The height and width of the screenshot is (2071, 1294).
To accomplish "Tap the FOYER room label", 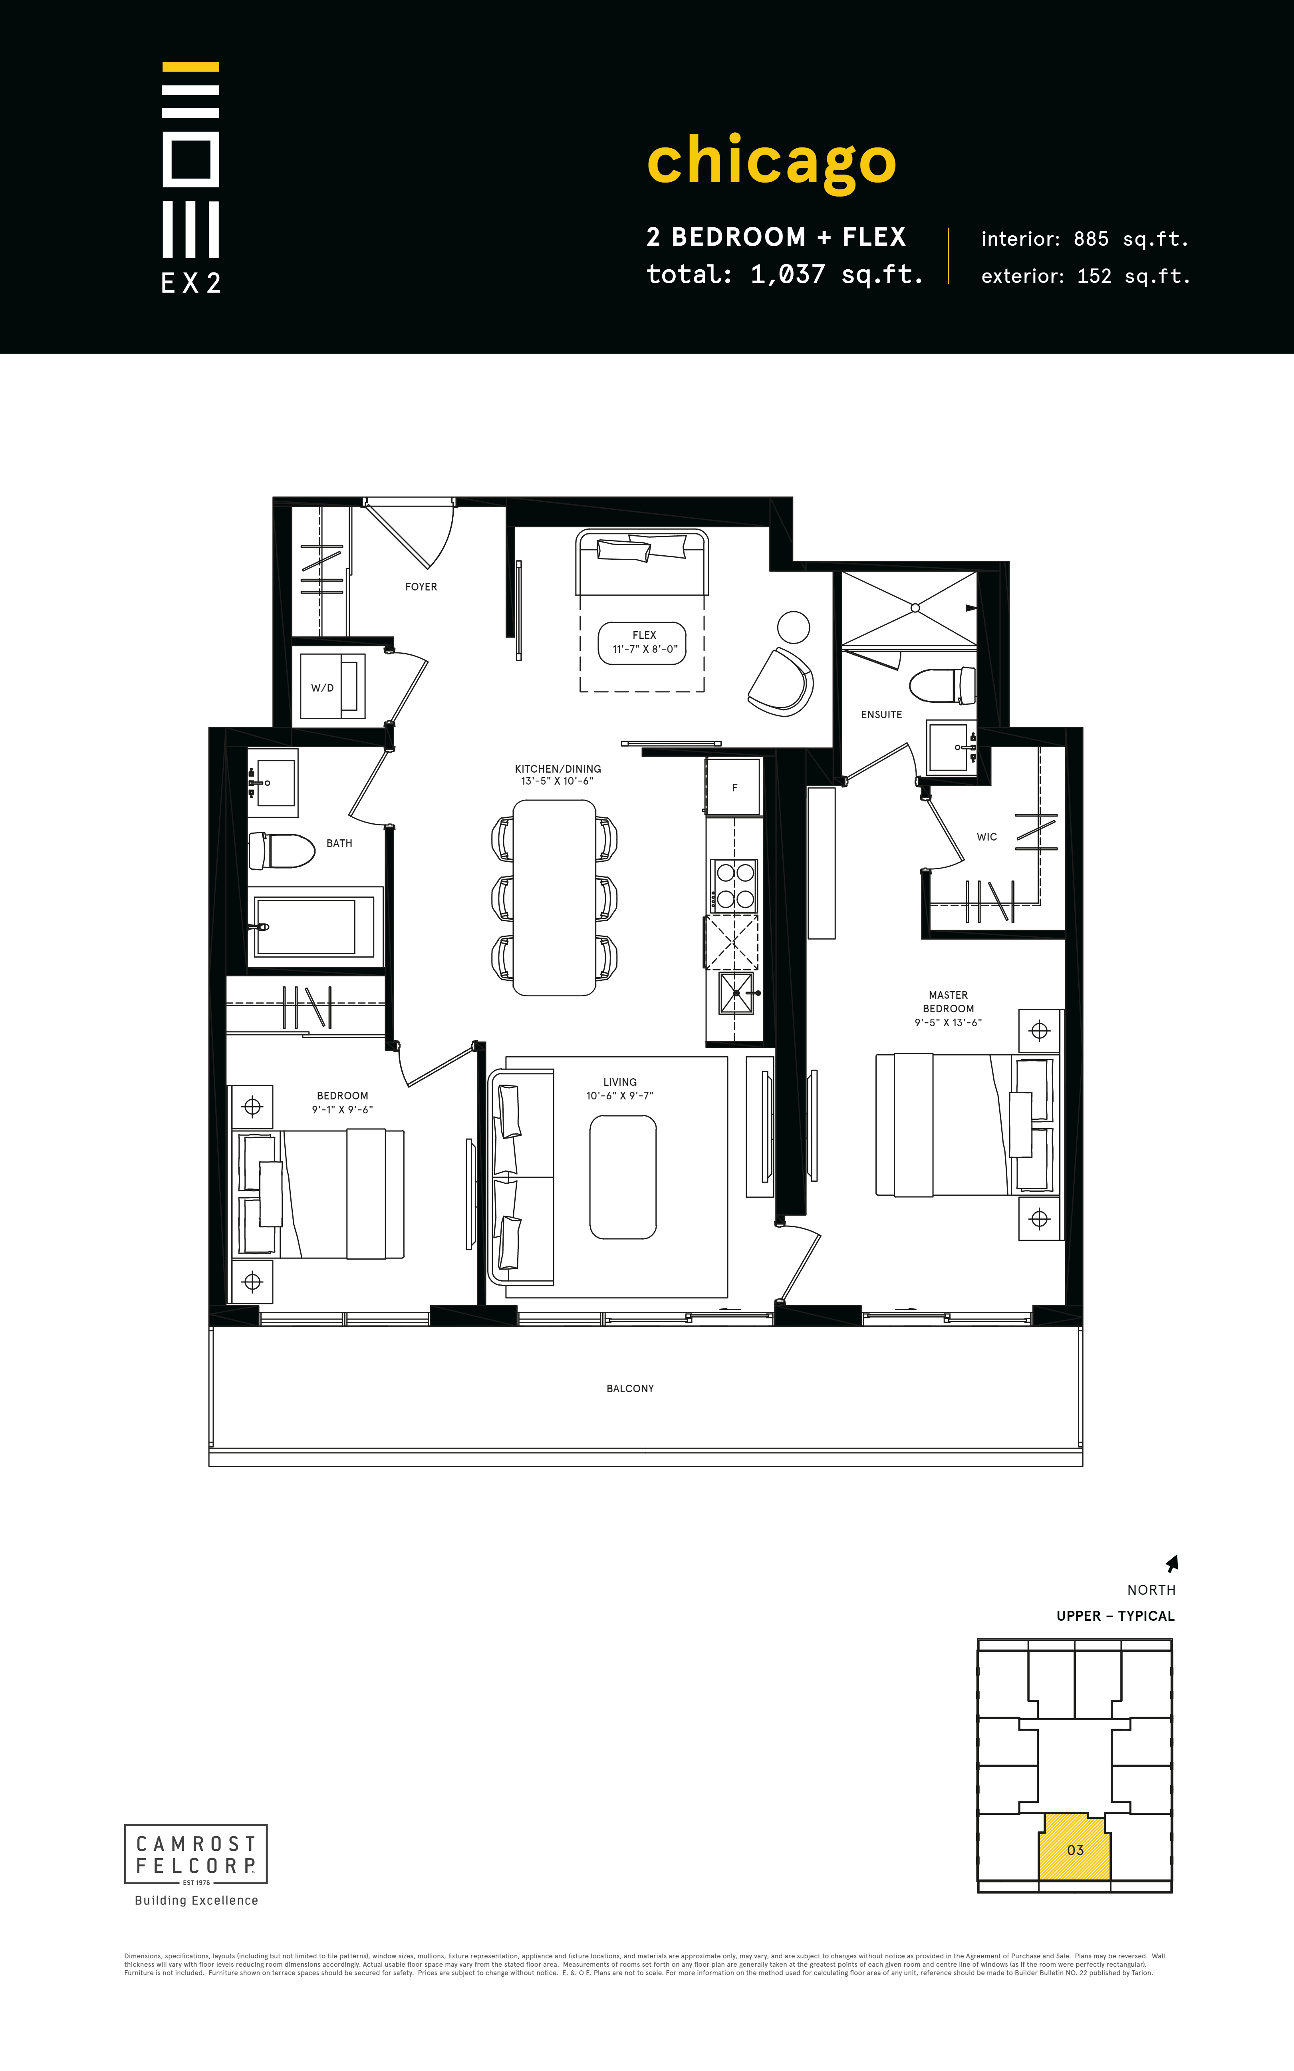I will click(x=421, y=587).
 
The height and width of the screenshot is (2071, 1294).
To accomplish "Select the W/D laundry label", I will click(x=323, y=688).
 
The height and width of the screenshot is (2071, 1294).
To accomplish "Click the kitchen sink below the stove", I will click(x=736, y=993).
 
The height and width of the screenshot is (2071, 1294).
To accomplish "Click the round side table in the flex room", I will click(x=793, y=627).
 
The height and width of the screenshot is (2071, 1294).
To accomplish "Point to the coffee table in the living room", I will click(x=623, y=1177).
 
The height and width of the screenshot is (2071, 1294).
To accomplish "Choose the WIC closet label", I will click(x=987, y=837).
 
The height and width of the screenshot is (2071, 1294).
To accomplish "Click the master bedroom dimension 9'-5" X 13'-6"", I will click(x=948, y=1023).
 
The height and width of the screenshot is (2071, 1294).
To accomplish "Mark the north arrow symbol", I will click(x=1173, y=1564).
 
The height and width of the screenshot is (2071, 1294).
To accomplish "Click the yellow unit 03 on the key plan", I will click(x=1075, y=1850).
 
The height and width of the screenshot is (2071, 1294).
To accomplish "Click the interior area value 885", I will click(x=1091, y=240).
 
